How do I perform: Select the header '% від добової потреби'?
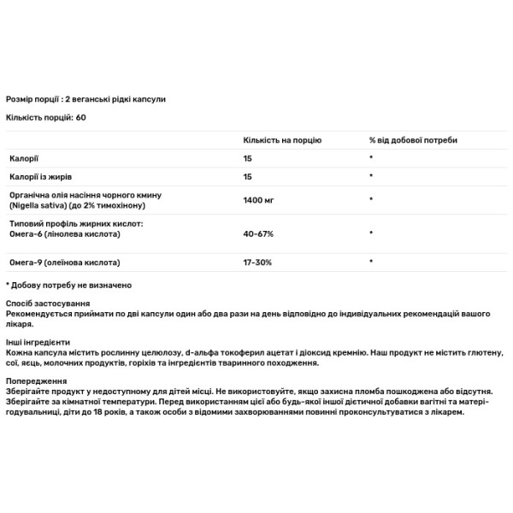pos(413,139)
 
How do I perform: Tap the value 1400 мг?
pos(258,199)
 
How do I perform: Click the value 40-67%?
pos(257,233)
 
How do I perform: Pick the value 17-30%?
pos(257,262)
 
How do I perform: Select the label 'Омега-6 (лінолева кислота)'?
pos(59,233)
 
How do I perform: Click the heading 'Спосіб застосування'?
pos(46,304)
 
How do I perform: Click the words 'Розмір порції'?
pos(32,99)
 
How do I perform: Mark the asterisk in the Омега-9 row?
pos(371,262)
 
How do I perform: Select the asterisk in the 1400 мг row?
pos(371,199)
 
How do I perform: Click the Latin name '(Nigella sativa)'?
pos(35,206)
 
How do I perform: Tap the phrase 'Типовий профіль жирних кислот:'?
pos(72,223)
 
